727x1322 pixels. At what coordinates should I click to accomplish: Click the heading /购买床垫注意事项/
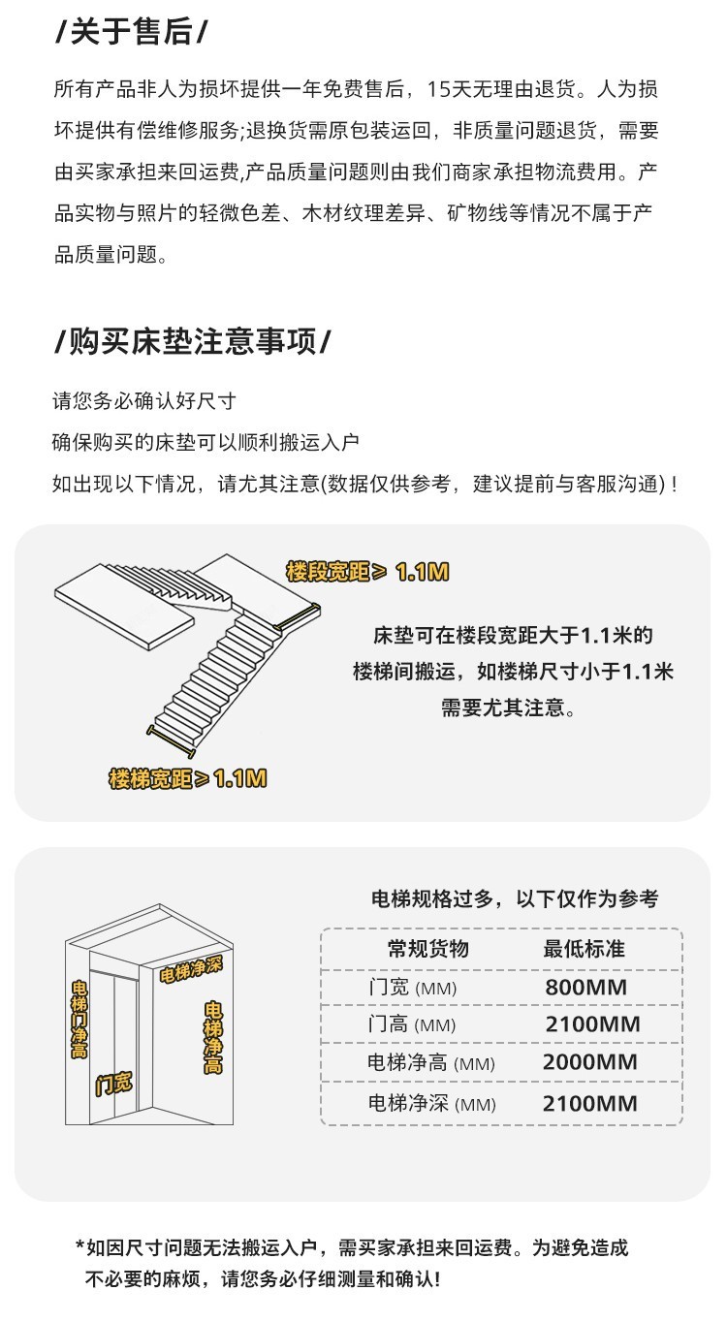pyautogui.click(x=193, y=341)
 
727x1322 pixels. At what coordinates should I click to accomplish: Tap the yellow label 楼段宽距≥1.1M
pyautogui.click(x=367, y=572)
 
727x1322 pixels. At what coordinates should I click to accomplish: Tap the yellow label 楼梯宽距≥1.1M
pyautogui.click(x=187, y=777)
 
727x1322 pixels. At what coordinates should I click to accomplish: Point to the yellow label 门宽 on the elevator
pyautogui.click(x=113, y=1084)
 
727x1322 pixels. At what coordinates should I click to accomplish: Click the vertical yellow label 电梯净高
pyautogui.click(x=212, y=1037)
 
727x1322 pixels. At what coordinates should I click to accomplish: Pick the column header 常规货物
pyautogui.click(x=427, y=948)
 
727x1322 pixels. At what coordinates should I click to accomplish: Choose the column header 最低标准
pyautogui.click(x=584, y=948)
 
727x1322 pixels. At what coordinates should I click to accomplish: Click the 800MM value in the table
pyautogui.click(x=585, y=988)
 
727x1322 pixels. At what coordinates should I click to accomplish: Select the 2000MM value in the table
pyautogui.click(x=589, y=1061)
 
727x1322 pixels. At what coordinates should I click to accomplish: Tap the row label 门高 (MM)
pyautogui.click(x=412, y=1024)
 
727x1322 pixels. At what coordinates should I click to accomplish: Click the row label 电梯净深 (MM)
pyautogui.click(x=431, y=1103)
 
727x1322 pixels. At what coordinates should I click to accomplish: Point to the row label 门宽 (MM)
pyautogui.click(x=412, y=988)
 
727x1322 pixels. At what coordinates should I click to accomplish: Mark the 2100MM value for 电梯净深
pyautogui.click(x=589, y=1103)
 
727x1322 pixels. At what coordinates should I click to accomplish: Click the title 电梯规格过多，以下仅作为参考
pyautogui.click(x=515, y=898)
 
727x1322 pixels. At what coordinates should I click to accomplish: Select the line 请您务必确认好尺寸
pyautogui.click(x=144, y=400)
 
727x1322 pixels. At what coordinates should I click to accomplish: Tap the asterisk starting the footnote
pyautogui.click(x=79, y=1246)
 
